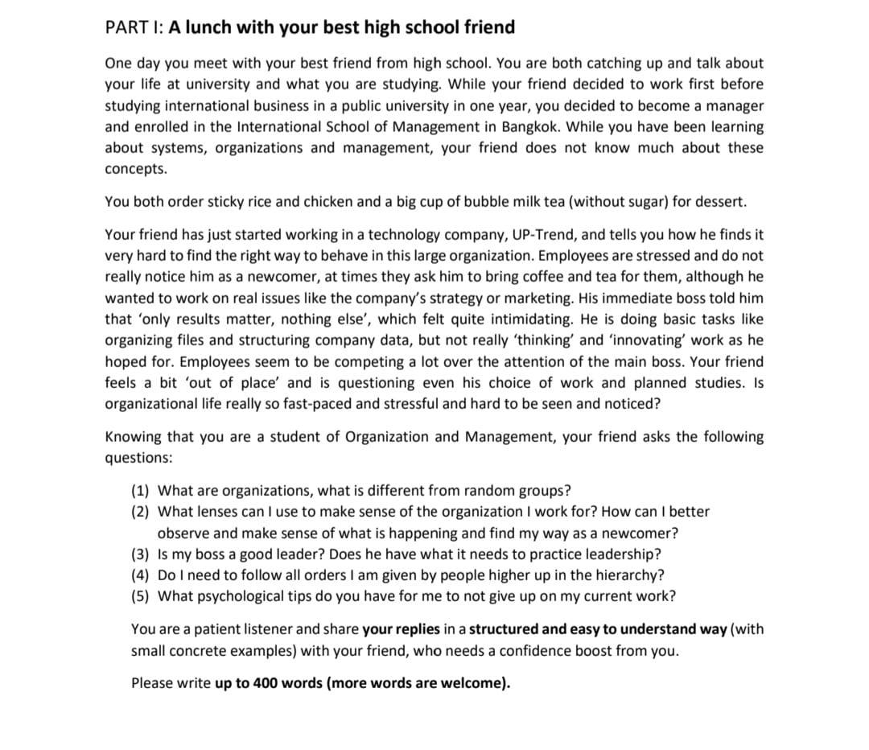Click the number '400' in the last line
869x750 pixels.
pos(264,683)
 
